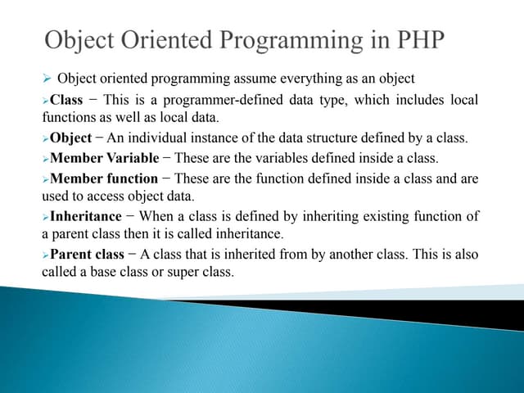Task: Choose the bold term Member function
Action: pos(104,178)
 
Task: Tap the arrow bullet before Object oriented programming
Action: pos(47,79)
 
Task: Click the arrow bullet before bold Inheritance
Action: pos(46,217)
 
